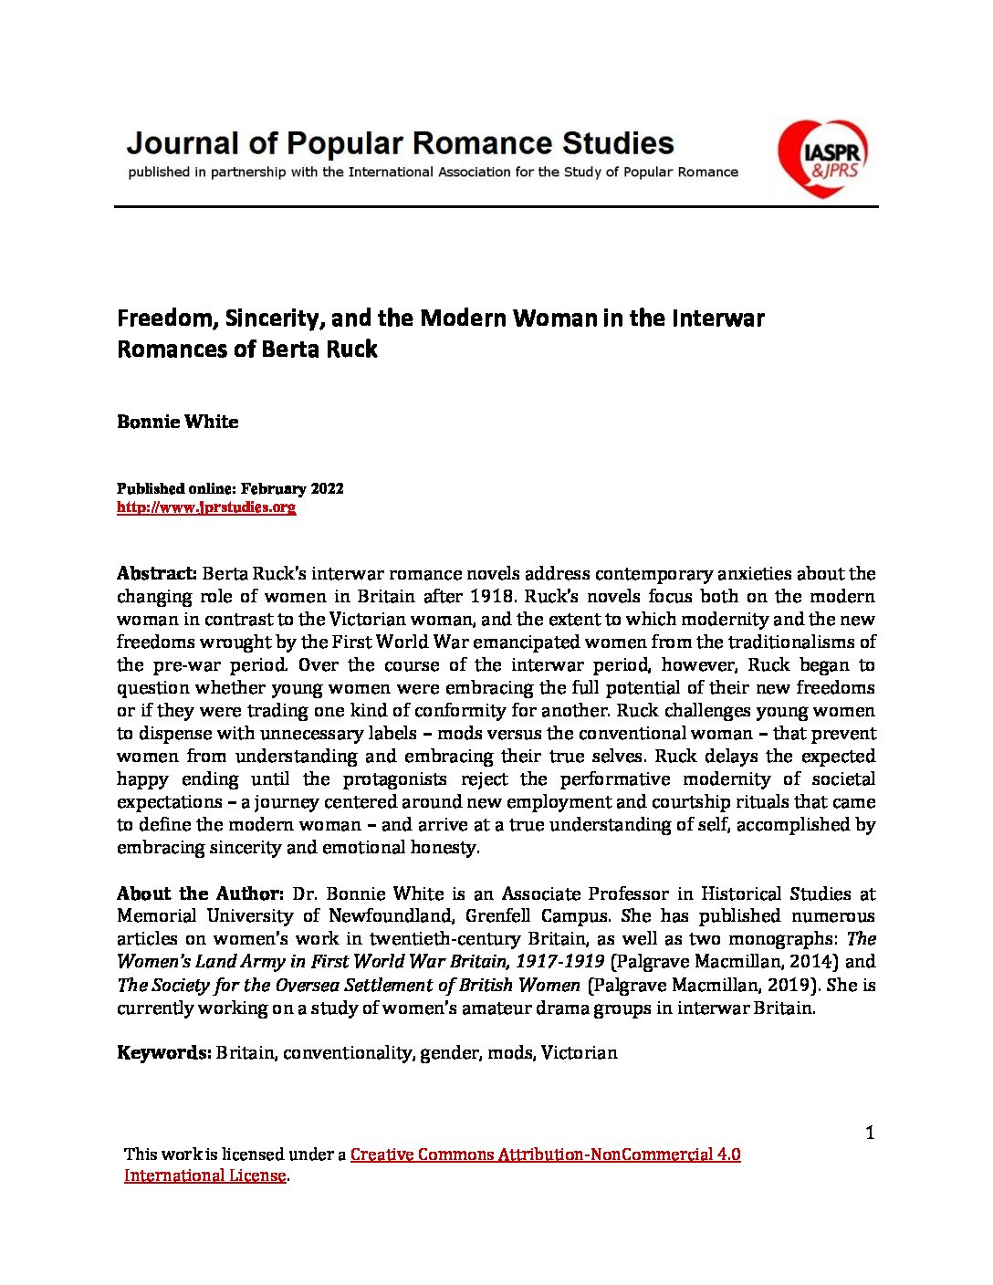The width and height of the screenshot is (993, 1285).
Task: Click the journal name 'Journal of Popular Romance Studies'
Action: tap(400, 143)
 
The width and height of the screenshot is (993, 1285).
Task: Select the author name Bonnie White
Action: tap(178, 422)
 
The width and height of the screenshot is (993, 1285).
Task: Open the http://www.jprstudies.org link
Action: tap(206, 507)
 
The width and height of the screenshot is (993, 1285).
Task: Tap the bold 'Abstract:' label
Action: tap(157, 574)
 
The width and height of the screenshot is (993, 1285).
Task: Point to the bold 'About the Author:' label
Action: tap(201, 893)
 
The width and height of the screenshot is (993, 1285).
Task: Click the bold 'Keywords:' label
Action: tap(164, 1053)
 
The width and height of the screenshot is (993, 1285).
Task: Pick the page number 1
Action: tap(870, 1133)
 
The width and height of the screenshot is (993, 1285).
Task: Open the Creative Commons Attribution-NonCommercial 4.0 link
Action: tap(545, 1154)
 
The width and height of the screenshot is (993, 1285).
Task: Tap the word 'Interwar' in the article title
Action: tap(718, 319)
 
